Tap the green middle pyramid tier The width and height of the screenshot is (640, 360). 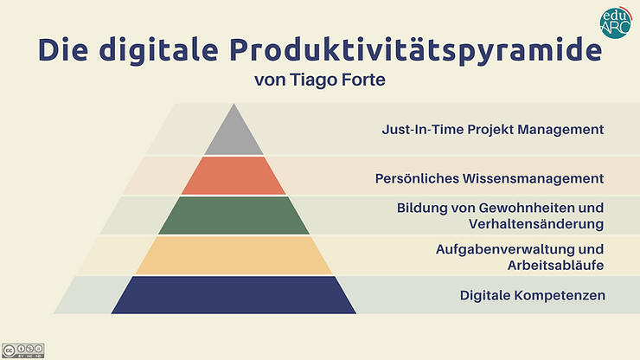point(234,215)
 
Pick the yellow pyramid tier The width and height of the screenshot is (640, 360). point(234,255)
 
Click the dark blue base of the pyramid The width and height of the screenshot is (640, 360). point(234,295)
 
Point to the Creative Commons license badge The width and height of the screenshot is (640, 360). point(22,350)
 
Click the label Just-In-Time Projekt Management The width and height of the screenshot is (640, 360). point(492,130)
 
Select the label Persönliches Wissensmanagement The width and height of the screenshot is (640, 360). point(489,178)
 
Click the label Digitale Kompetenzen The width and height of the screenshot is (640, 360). point(531,296)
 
